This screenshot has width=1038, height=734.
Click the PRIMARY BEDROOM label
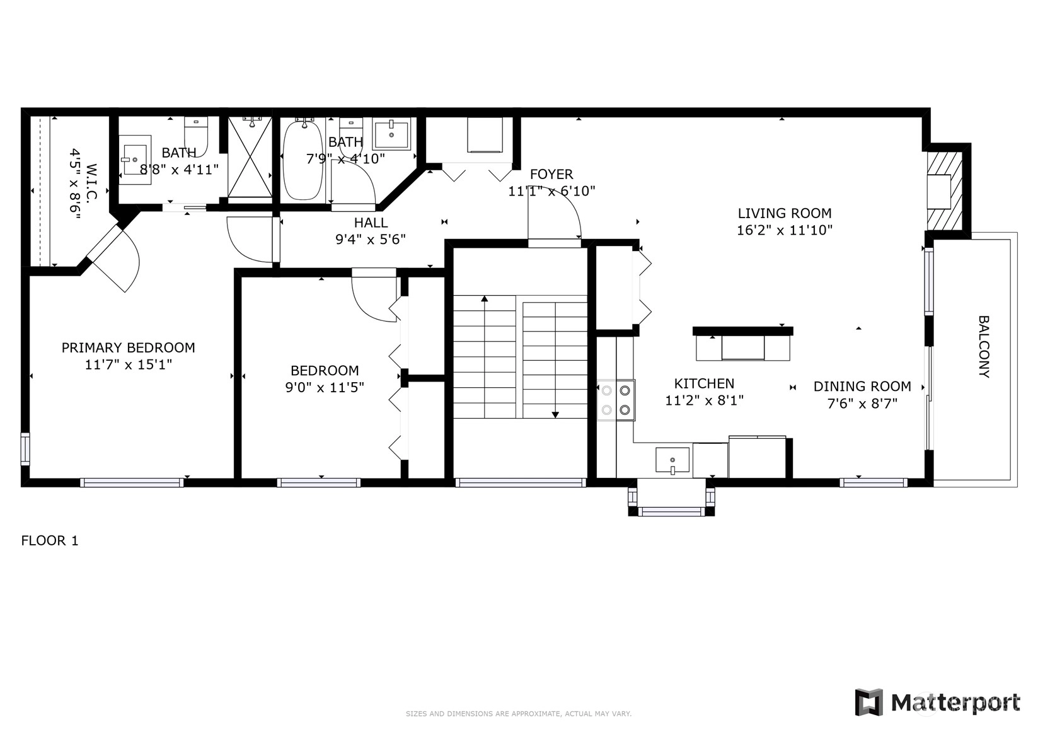pyautogui.click(x=129, y=347)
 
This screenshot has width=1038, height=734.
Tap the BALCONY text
pyautogui.click(x=984, y=346)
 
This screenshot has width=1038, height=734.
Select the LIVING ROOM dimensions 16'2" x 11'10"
pyautogui.click(x=785, y=230)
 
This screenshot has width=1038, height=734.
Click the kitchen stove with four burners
pyautogui.click(x=616, y=400)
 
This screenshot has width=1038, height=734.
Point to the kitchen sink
pyautogui.click(x=672, y=460)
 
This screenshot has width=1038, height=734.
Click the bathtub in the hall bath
pyautogui.click(x=303, y=160)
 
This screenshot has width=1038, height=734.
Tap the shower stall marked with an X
pyautogui.click(x=250, y=157)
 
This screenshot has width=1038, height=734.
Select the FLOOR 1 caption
pyautogui.click(x=50, y=540)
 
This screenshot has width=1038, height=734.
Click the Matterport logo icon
pyautogui.click(x=868, y=702)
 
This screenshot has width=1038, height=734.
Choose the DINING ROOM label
pyautogui.click(x=862, y=387)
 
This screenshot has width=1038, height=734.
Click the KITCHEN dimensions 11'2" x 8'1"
pyautogui.click(x=705, y=400)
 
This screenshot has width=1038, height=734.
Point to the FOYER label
pyautogui.click(x=551, y=174)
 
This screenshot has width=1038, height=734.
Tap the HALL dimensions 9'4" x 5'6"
pyautogui.click(x=371, y=240)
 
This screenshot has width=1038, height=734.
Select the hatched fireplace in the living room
pyautogui.click(x=944, y=191)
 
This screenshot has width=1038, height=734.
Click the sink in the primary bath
pyautogui.click(x=135, y=160)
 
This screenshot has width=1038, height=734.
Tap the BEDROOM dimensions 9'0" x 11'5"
pyautogui.click(x=325, y=387)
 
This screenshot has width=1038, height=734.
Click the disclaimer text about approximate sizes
pyautogui.click(x=519, y=714)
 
